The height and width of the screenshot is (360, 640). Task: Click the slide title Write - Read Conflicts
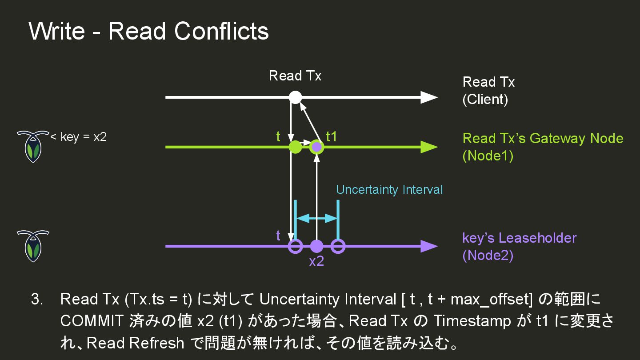coord(148,31)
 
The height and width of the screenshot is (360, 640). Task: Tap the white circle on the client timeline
coord(296,97)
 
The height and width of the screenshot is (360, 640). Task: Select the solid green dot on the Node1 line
coord(296,147)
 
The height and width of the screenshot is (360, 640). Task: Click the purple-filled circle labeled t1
coord(316,147)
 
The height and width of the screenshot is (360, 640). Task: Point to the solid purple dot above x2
coord(316,246)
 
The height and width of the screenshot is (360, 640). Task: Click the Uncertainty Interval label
coord(389,190)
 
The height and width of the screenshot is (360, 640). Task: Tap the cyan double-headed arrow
coord(317,218)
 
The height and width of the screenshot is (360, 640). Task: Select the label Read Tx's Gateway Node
coord(543,138)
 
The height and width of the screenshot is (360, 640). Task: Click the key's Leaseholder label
coord(519,238)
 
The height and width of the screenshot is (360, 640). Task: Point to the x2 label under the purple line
coord(316,261)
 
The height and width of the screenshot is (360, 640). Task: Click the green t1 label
coord(332,136)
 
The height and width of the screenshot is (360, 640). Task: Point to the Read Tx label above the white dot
coord(295,76)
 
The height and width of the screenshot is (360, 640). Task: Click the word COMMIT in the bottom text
coord(92,321)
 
